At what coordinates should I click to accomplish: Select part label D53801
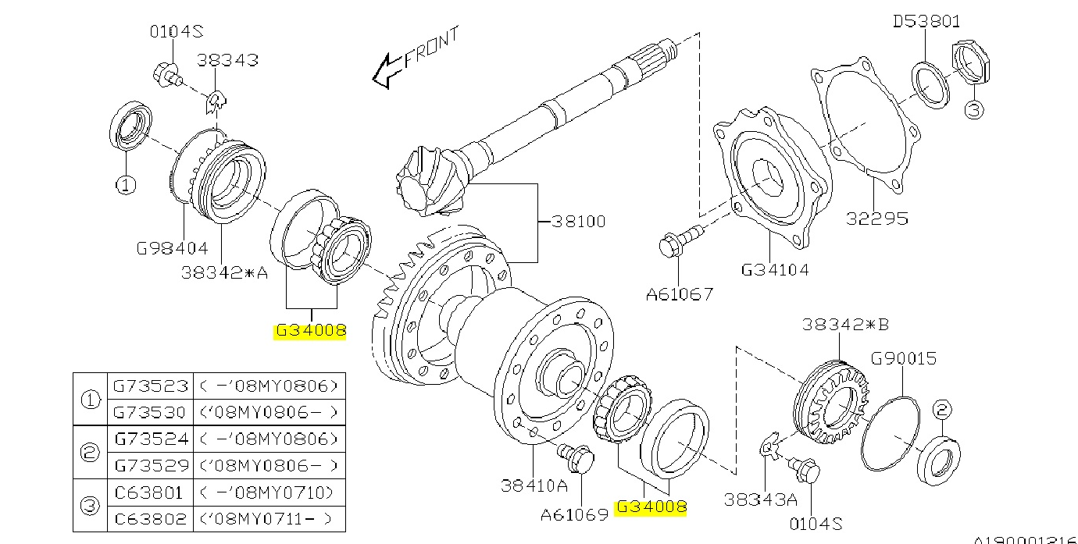coord(926,21)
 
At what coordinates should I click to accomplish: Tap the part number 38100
coord(578,222)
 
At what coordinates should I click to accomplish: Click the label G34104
coord(774,270)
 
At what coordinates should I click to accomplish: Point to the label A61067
coord(679,295)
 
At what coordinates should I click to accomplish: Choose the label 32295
coord(877,218)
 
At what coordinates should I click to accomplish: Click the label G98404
coord(173,248)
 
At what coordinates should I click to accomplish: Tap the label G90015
coord(904,359)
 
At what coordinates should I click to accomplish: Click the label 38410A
coord(534,484)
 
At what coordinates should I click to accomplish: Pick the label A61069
coord(574,515)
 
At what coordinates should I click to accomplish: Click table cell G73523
coord(151,386)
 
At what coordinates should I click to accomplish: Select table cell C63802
coord(151,518)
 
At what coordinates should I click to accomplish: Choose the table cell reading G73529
coord(151,465)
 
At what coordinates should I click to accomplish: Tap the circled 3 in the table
coord(91,506)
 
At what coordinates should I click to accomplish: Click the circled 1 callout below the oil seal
coord(126,185)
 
